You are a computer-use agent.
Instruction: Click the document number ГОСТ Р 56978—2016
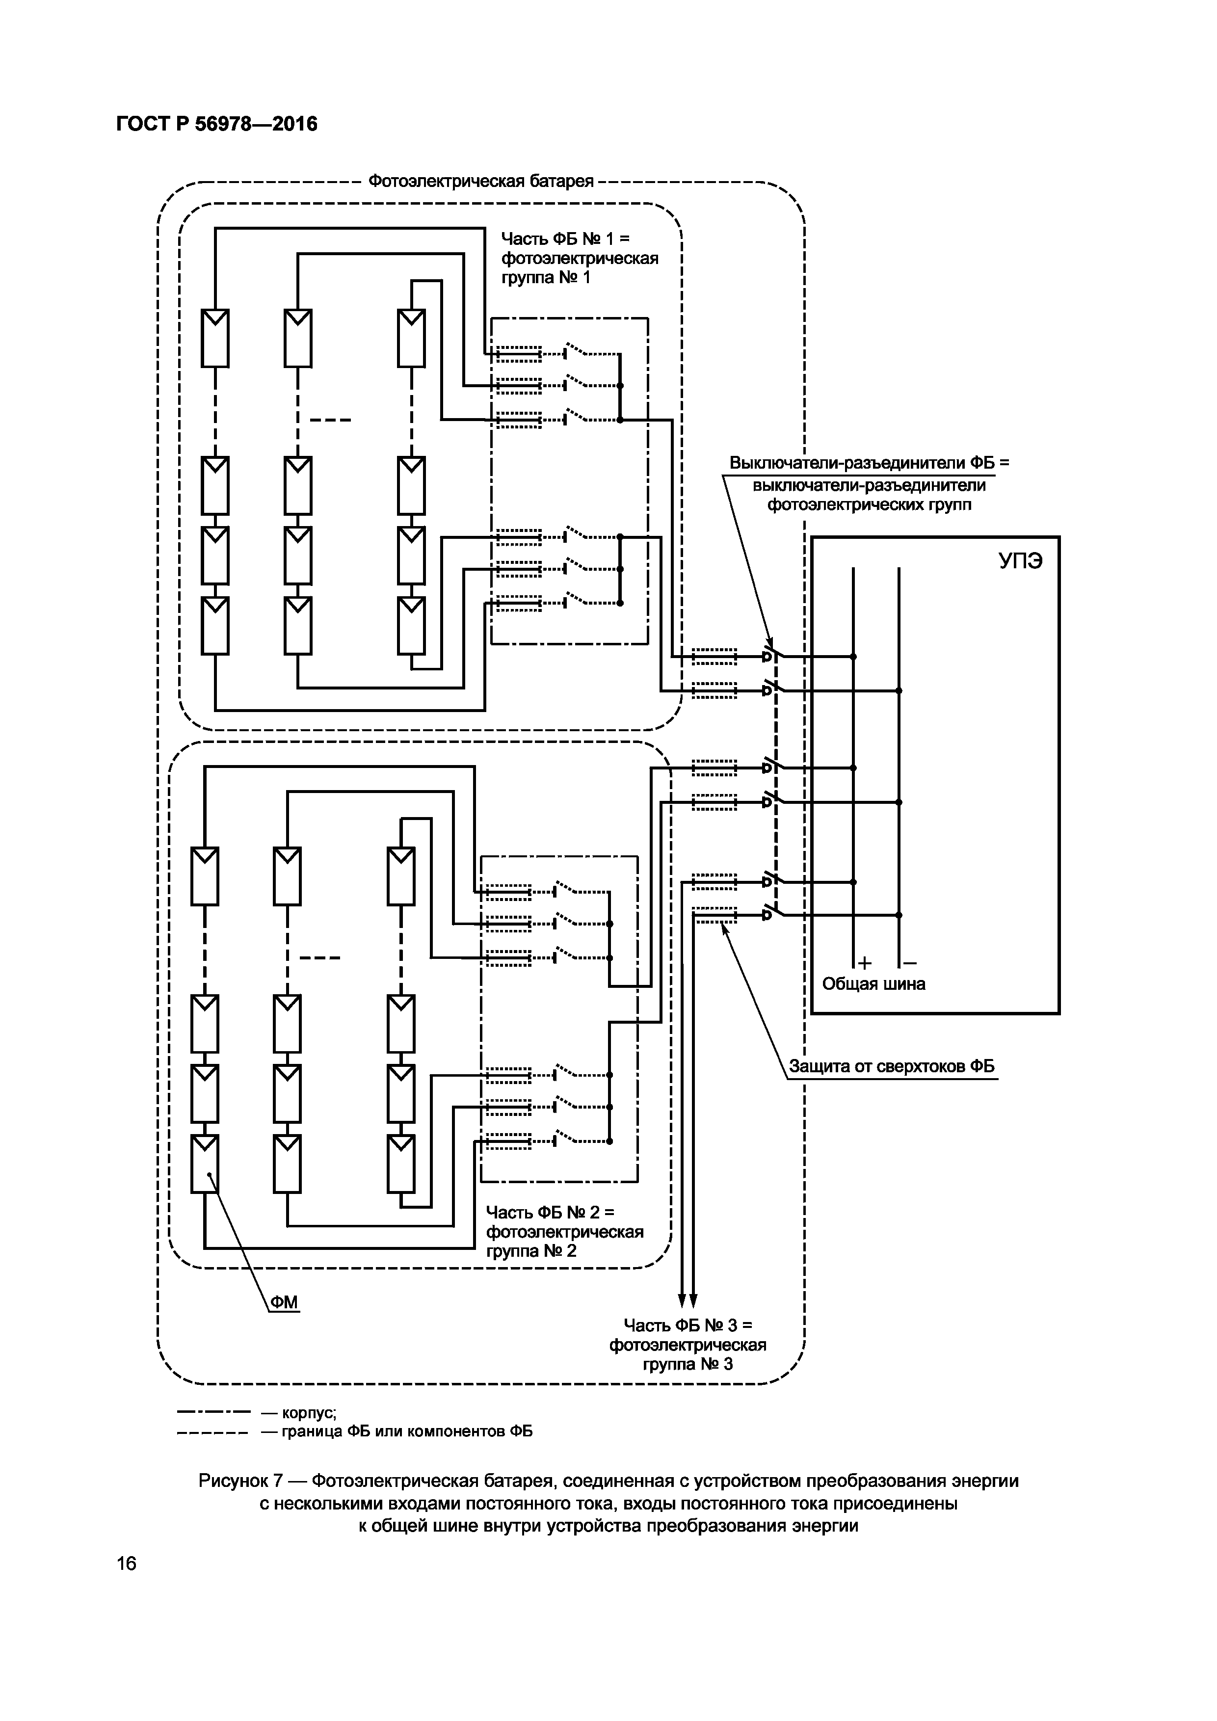coord(216,124)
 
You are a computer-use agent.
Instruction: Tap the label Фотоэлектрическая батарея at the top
coord(481,182)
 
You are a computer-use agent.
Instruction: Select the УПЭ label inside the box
coord(1021,561)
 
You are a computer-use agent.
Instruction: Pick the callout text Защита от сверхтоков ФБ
coord(892,1067)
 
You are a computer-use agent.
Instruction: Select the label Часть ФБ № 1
coord(566,239)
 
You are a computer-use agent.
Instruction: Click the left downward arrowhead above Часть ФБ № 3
coord(683,1299)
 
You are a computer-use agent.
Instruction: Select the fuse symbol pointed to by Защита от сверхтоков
coord(714,915)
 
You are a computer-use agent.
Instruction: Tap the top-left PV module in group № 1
coord(215,338)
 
